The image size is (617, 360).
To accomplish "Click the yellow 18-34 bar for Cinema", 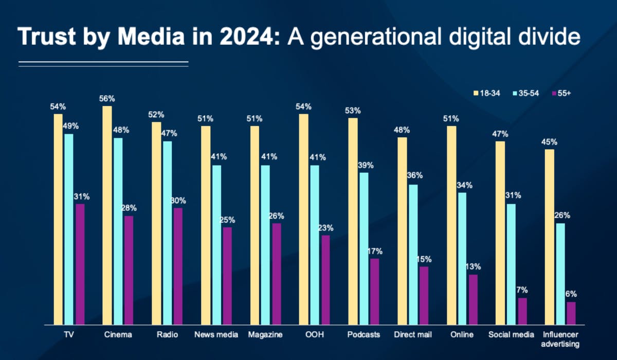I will [x=107, y=216].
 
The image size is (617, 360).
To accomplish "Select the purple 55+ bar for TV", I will [x=80, y=264].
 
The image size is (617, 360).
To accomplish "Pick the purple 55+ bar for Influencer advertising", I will [x=571, y=313].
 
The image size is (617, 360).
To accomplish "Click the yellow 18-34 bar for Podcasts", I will [x=353, y=222].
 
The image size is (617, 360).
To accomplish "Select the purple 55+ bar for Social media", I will [x=522, y=311].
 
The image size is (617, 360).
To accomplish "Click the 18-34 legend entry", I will [x=486, y=93].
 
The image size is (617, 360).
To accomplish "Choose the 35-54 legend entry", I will [x=524, y=93].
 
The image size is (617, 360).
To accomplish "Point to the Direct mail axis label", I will [x=413, y=335].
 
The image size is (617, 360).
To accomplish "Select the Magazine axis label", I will [x=265, y=335].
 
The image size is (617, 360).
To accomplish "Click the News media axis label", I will [x=216, y=335].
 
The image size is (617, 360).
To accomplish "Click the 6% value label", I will [x=571, y=295].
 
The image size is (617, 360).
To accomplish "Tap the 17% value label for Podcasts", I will [x=375, y=251].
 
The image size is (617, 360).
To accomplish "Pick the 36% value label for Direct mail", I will [x=414, y=175].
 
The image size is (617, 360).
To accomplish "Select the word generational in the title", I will [x=376, y=38].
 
